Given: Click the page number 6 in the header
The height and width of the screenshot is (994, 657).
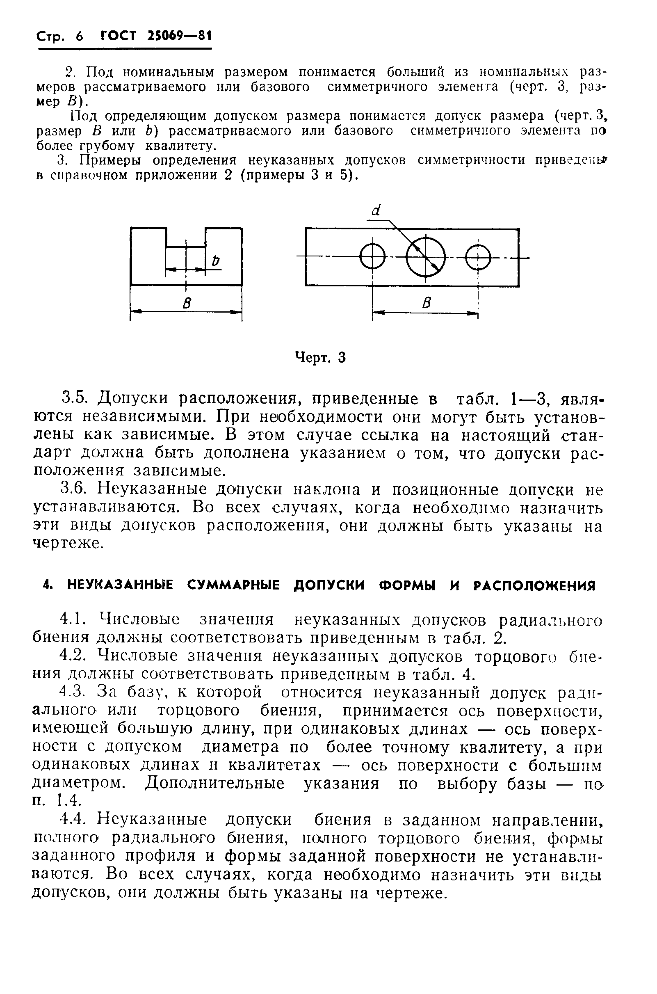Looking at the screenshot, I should click(79, 37).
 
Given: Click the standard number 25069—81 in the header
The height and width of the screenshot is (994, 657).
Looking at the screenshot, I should click(179, 36).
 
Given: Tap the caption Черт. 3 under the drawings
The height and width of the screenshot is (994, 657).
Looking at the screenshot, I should click(321, 357).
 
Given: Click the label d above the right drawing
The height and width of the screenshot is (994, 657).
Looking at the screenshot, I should click(376, 210).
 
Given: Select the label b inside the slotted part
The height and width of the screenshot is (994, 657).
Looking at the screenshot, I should click(215, 260).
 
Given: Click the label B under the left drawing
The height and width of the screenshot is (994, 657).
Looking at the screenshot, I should click(187, 303).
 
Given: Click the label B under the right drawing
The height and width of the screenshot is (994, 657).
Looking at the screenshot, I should click(427, 303).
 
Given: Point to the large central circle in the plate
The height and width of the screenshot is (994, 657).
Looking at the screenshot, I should click(426, 257).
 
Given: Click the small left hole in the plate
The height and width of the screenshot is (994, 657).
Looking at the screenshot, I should click(372, 256).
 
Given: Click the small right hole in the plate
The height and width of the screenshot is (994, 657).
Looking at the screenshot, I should click(478, 257).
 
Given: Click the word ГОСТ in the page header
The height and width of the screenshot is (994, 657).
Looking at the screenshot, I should click(119, 37).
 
